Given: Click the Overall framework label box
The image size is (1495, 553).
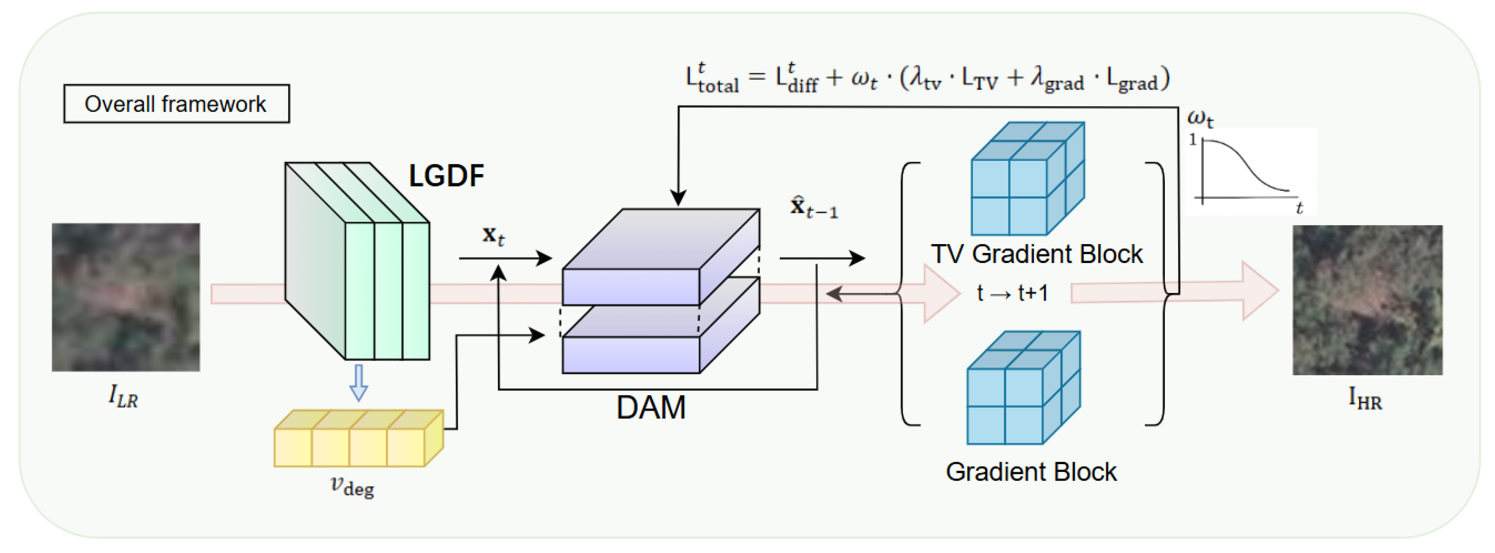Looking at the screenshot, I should pos(176,104).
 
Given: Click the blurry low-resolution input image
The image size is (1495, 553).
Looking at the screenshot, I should pos(126,297).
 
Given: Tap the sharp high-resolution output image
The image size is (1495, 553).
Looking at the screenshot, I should pos(1367,300).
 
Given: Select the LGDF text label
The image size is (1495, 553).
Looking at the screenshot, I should pos(446,175).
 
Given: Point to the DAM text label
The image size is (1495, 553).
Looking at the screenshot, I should pos(651,407).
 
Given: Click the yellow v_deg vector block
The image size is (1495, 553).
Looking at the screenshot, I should pos(358,439).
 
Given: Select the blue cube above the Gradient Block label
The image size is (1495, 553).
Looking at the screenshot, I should pos(1023,388).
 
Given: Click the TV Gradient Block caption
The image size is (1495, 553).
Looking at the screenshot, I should pos(1036,254).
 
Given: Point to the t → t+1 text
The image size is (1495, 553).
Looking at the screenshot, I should pos(1013,293).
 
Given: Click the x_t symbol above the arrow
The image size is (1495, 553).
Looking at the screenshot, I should pos(493,235).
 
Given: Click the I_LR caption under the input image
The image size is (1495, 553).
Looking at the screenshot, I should pos(123,397).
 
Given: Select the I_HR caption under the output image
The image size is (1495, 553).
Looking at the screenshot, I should pos(1365,399).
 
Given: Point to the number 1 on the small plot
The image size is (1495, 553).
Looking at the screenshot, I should pos(1193,139).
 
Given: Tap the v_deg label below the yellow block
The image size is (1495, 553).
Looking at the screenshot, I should pos(352,485).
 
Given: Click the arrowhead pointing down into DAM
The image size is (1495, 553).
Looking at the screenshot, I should pos(678,197).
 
